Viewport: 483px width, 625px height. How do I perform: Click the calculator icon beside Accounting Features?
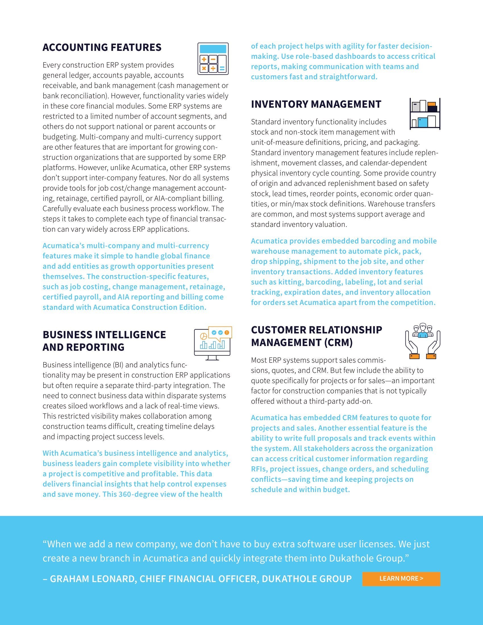tap(213, 59)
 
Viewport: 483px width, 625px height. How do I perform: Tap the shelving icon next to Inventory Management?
tap(425, 114)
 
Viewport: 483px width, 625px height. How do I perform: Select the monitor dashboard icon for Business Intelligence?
tap(213, 343)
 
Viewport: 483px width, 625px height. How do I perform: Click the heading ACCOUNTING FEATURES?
tap(102, 47)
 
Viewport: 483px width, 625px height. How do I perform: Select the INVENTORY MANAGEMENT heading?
tap(316, 104)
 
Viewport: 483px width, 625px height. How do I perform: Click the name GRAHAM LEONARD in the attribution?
tap(89, 579)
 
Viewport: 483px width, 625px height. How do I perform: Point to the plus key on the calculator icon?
tap(204, 60)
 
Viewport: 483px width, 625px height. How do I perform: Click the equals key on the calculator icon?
tap(222, 68)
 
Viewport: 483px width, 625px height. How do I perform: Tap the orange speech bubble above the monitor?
tap(220, 333)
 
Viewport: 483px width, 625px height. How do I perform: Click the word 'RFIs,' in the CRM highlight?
tap(259, 469)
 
